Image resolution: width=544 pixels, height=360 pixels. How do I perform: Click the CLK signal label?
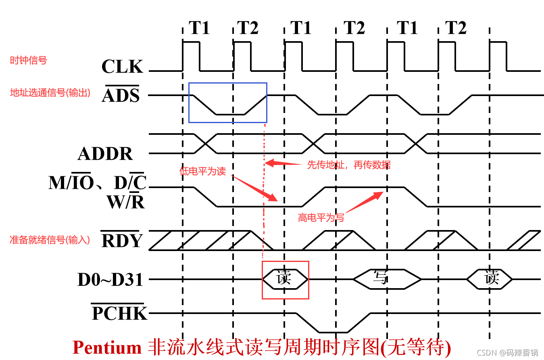point(122,67)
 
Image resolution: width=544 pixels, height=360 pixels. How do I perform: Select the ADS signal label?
point(121,96)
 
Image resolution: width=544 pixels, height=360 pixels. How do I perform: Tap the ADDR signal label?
point(105,154)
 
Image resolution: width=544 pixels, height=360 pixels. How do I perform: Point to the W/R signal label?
point(125,202)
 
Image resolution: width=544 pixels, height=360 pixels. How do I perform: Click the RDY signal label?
point(122,241)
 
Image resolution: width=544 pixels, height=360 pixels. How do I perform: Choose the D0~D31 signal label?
point(110,280)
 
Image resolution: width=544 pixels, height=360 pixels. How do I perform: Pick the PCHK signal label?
point(119,313)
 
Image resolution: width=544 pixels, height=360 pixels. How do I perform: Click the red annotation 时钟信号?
point(28,61)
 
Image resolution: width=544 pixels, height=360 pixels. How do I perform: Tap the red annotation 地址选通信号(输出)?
point(50,92)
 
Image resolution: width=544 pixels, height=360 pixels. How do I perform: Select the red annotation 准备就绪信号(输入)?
point(50,240)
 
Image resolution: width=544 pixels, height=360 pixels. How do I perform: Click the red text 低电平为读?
point(202,171)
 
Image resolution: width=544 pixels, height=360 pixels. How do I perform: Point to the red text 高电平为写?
point(321,218)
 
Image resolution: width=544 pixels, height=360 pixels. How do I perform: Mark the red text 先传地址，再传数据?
point(349,165)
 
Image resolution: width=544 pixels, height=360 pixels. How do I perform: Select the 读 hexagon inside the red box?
point(284,278)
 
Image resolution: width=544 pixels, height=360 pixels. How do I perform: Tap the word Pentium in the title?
point(107,347)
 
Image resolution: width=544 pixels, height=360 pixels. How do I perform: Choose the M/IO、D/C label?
point(97,183)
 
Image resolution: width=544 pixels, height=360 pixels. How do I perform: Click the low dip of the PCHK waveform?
point(333,332)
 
